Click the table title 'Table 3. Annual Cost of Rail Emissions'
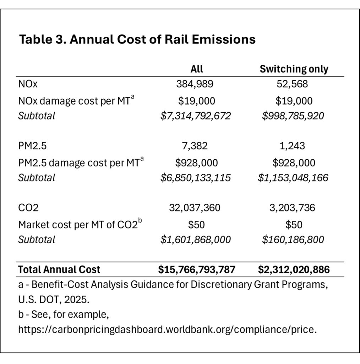[x=137, y=39]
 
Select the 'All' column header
[x=196, y=69]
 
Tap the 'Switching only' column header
[x=294, y=69]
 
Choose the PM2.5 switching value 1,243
[x=294, y=146]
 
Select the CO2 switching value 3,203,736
[x=294, y=208]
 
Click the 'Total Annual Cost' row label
[x=59, y=269]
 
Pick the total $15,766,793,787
[x=197, y=269]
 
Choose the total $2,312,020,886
[x=294, y=269]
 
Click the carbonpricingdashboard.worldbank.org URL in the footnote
[x=167, y=330]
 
